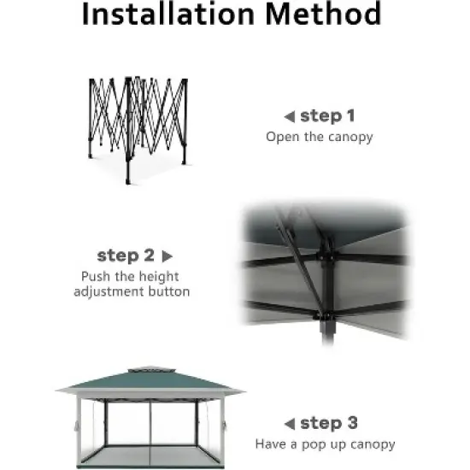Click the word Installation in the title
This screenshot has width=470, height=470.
[167, 14]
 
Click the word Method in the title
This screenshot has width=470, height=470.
[323, 14]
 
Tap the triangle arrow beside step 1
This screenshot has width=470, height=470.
[290, 117]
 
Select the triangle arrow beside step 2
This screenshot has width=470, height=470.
[167, 256]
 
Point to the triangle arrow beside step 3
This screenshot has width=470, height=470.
[290, 424]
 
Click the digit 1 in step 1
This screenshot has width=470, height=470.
[350, 115]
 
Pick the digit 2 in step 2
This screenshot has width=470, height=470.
[149, 256]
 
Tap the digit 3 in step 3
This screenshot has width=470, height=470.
[352, 423]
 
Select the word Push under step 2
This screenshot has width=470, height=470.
[96, 276]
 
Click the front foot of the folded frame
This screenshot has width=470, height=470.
[128, 181]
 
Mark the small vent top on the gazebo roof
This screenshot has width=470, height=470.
[150, 370]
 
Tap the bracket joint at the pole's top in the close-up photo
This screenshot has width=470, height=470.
[326, 252]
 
